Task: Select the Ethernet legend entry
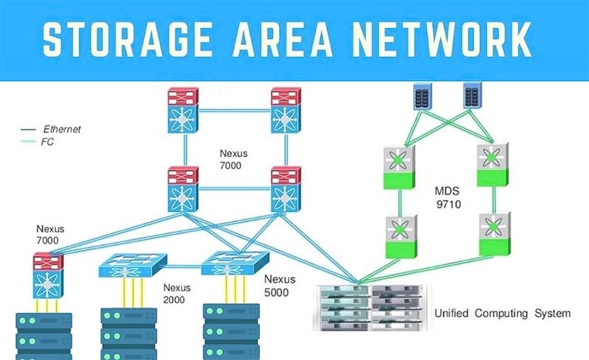[62, 130]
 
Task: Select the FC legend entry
[51, 141]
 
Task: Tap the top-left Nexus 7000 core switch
[179, 110]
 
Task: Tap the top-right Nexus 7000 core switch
[284, 110]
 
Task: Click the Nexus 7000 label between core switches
[234, 161]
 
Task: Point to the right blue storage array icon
[471, 96]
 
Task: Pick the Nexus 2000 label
[176, 293]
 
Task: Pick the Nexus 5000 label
[280, 285]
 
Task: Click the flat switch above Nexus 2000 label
[132, 268]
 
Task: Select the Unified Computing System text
[501, 314]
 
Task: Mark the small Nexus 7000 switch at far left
[48, 275]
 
